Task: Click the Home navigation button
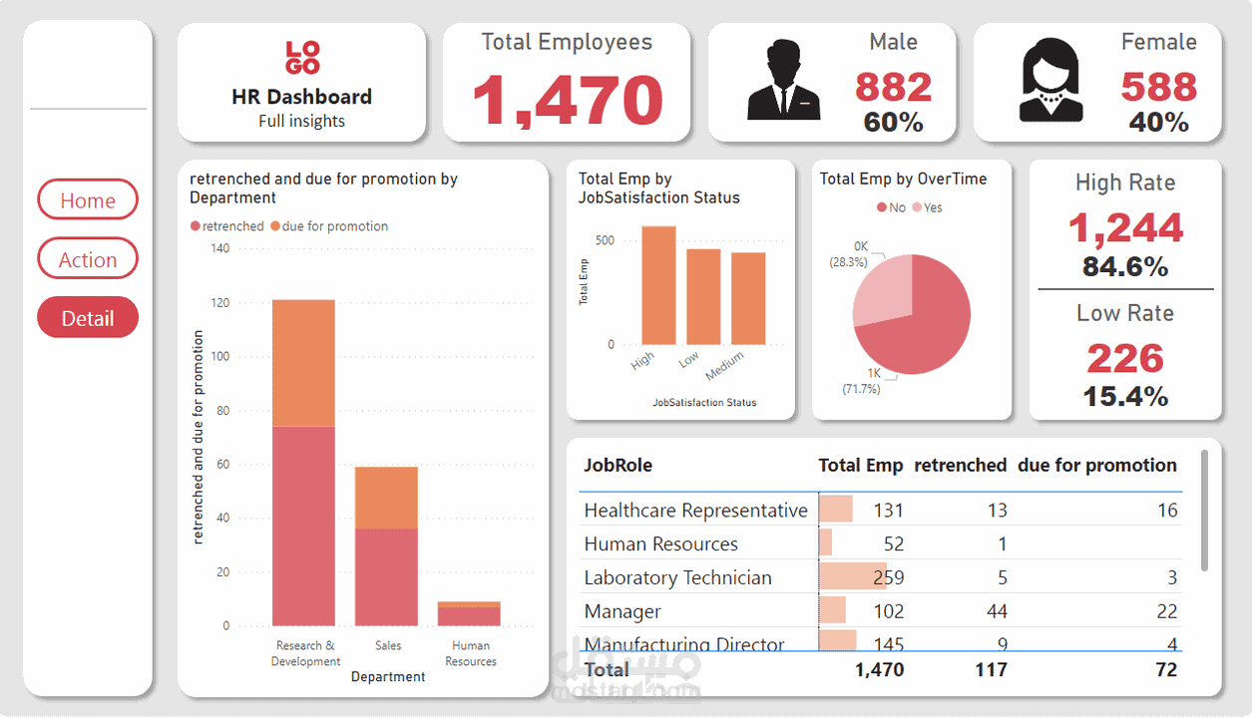(88, 200)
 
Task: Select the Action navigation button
(88, 259)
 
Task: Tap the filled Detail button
(88, 318)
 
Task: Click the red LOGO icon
(302, 58)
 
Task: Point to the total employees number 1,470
(567, 100)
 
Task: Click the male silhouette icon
(783, 81)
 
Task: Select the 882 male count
(893, 88)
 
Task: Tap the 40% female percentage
(1158, 123)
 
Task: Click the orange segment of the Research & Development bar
(303, 363)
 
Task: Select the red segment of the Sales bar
(387, 576)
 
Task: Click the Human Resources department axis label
(471, 653)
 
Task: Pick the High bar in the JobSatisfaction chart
(658, 285)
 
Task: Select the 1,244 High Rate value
(1125, 228)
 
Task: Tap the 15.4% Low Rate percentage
(1125, 396)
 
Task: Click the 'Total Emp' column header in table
(860, 466)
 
